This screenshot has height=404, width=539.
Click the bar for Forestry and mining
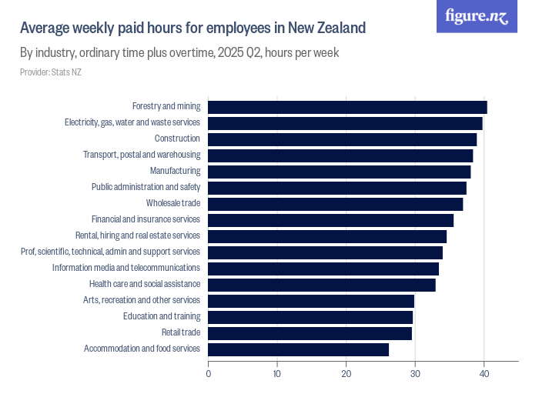[347, 107]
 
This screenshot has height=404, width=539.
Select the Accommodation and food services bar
[298, 349]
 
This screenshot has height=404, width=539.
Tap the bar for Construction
[342, 139]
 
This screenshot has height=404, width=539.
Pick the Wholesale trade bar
[335, 204]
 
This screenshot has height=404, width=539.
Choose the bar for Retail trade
[310, 333]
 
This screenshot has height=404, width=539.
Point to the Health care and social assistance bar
[322, 285]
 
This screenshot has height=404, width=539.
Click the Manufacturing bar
[339, 172]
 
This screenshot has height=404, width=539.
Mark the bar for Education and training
[310, 317]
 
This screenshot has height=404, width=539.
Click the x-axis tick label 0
[209, 374]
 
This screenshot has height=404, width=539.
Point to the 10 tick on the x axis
[277, 374]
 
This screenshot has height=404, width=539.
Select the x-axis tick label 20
[346, 374]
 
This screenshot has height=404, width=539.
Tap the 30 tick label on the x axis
[415, 374]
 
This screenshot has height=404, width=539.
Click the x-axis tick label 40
[484, 374]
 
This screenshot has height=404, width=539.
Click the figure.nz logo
[477, 16]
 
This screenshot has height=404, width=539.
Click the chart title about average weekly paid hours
[192, 28]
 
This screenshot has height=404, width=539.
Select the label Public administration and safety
[146, 187]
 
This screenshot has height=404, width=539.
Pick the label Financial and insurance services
[146, 219]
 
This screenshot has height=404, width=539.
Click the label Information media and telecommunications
[126, 268]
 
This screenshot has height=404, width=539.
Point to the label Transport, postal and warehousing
[142, 155]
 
